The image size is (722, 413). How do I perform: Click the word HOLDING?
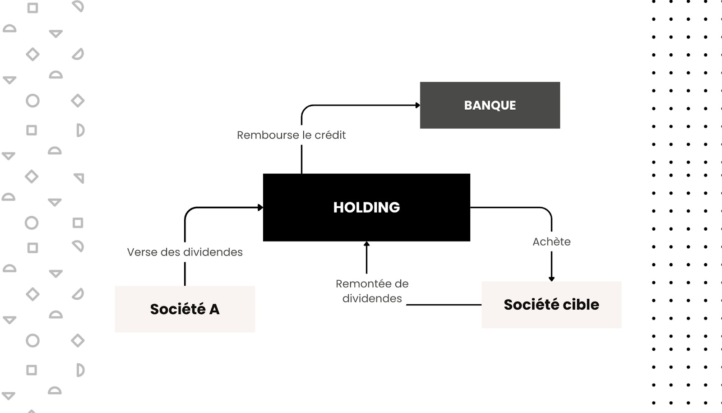(x=366, y=207)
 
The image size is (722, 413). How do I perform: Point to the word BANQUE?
(x=490, y=105)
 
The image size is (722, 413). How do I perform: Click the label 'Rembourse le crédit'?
(x=291, y=135)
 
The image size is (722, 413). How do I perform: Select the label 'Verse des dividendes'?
(x=185, y=252)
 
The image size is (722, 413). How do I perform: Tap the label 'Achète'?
(x=551, y=241)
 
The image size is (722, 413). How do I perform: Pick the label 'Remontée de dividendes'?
(x=372, y=291)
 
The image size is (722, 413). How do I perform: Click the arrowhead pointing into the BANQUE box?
(x=418, y=105)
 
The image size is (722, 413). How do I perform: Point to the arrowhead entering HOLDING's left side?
(x=260, y=208)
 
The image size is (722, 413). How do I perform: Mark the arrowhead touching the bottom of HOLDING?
(x=366, y=244)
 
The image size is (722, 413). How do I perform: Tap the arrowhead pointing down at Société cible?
(x=551, y=279)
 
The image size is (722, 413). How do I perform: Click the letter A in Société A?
(x=214, y=309)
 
